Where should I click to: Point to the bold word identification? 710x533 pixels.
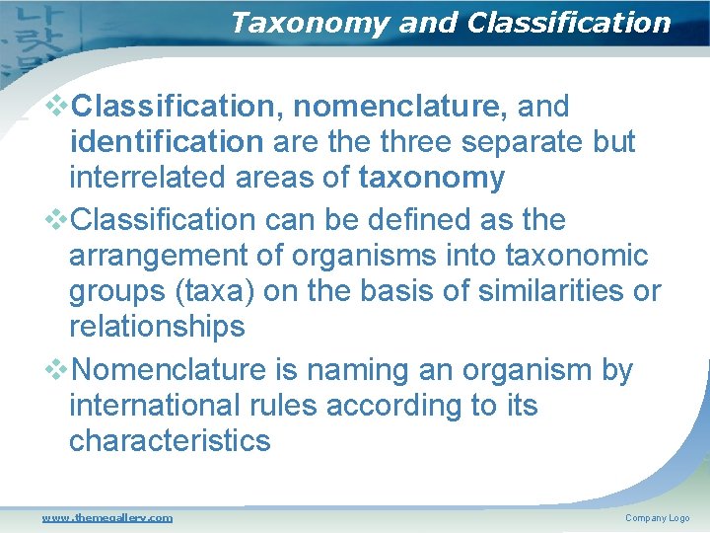[x=166, y=142]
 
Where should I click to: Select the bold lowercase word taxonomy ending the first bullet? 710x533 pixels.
[x=432, y=179]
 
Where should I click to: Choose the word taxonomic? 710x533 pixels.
[x=576, y=257]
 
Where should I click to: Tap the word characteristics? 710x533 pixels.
[x=169, y=441]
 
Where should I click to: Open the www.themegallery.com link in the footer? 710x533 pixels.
[x=106, y=517]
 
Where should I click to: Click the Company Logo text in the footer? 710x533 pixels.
[x=657, y=518]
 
